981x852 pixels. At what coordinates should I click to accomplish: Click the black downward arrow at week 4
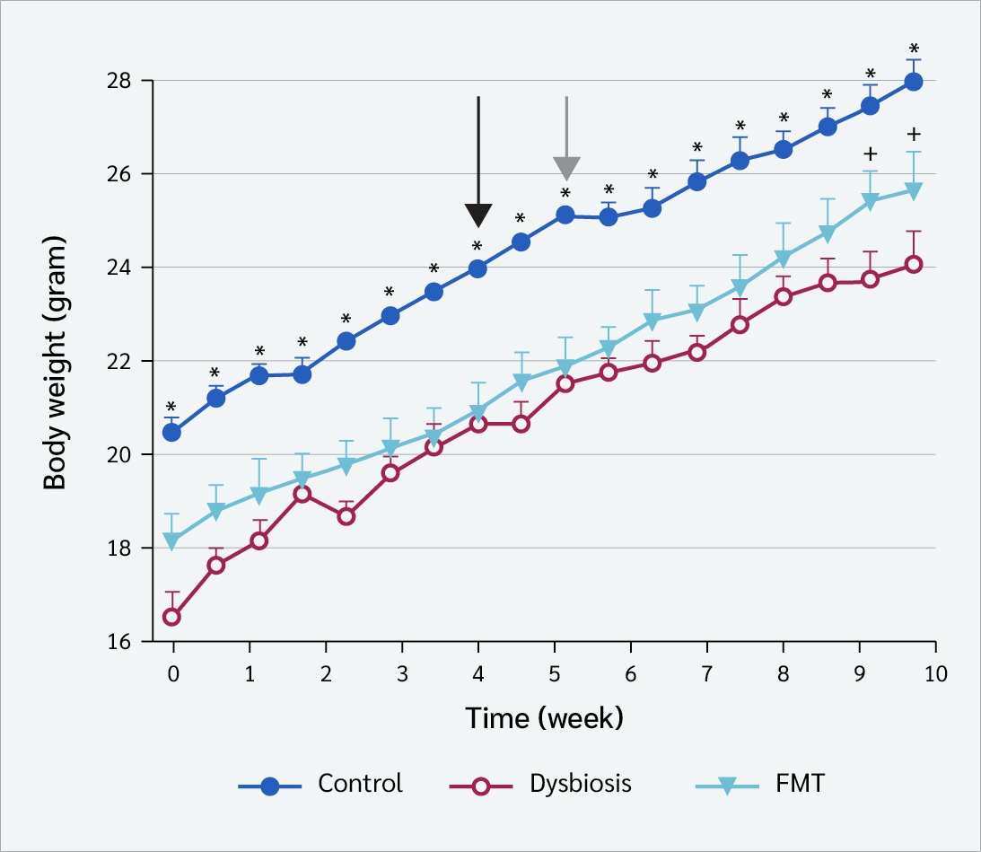tap(478, 162)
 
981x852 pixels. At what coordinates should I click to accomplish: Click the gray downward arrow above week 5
tap(567, 138)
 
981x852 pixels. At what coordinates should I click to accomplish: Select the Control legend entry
tap(320, 785)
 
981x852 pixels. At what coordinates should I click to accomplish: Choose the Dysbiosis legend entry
tap(540, 785)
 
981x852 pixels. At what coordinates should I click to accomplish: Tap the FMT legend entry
tap(760, 785)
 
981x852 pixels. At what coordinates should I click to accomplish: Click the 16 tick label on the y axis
tap(118, 642)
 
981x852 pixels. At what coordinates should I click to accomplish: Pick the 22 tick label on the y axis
tap(118, 361)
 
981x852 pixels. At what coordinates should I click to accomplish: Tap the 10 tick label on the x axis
tap(935, 674)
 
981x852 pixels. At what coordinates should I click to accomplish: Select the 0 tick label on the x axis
tap(173, 674)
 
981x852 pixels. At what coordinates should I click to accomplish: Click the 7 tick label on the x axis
tap(707, 674)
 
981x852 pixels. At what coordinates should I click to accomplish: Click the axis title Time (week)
tap(544, 718)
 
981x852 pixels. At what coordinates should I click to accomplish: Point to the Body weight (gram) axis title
tap(55, 363)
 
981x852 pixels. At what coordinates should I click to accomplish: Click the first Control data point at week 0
tap(171, 433)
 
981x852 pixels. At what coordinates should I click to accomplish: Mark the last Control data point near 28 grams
tap(914, 82)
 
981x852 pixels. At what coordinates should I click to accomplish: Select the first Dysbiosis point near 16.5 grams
tap(171, 618)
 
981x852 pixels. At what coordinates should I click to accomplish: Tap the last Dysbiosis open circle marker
tap(914, 265)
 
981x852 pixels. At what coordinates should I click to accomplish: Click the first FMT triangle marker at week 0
tap(171, 541)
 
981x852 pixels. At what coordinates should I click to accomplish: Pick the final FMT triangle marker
tap(914, 191)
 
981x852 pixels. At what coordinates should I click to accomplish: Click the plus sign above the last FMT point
tap(914, 134)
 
